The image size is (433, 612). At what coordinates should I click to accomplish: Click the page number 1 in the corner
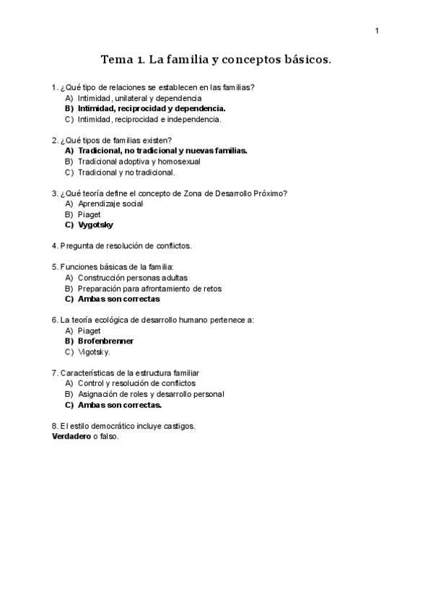(x=377, y=30)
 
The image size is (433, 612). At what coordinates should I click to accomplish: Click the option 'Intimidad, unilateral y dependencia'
(x=139, y=97)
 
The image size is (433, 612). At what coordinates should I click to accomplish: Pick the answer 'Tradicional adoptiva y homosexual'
(x=139, y=162)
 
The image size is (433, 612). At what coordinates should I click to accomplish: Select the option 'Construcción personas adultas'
(x=133, y=277)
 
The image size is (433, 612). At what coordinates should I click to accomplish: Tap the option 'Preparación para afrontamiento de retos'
(x=149, y=288)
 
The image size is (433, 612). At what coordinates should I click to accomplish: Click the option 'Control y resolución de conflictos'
(x=136, y=383)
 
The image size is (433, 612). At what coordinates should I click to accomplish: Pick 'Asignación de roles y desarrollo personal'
(x=151, y=394)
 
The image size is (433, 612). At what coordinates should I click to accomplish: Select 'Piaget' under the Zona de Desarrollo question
(x=89, y=214)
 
